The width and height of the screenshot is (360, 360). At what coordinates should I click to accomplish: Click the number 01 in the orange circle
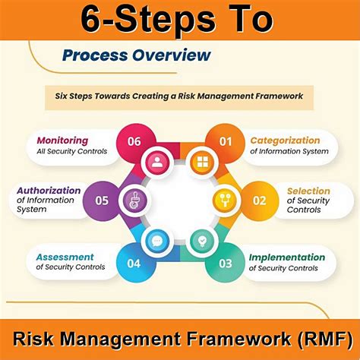(x=226, y=141)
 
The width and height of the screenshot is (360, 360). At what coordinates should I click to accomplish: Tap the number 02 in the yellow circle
(x=259, y=201)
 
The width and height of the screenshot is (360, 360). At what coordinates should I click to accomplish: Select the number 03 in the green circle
(x=226, y=263)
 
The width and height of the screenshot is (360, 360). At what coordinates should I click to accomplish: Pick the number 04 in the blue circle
(x=134, y=263)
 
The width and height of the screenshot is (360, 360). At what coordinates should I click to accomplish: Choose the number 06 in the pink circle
(x=134, y=141)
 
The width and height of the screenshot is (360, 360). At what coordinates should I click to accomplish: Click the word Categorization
(x=285, y=141)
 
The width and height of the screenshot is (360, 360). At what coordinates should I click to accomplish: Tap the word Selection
(x=308, y=191)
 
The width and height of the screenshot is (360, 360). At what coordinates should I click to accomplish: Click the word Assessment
(x=65, y=257)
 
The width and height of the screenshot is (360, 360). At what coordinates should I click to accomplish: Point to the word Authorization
(x=48, y=191)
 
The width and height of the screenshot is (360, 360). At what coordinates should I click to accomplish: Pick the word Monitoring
(x=62, y=141)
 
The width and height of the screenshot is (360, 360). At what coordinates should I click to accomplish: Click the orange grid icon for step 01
(x=202, y=161)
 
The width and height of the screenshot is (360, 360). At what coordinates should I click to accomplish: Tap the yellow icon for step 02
(x=225, y=201)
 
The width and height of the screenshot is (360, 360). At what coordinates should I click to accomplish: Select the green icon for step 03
(x=202, y=240)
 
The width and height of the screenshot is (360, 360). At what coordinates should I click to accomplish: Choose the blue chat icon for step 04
(x=157, y=240)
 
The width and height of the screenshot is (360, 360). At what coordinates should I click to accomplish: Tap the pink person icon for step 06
(x=157, y=161)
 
